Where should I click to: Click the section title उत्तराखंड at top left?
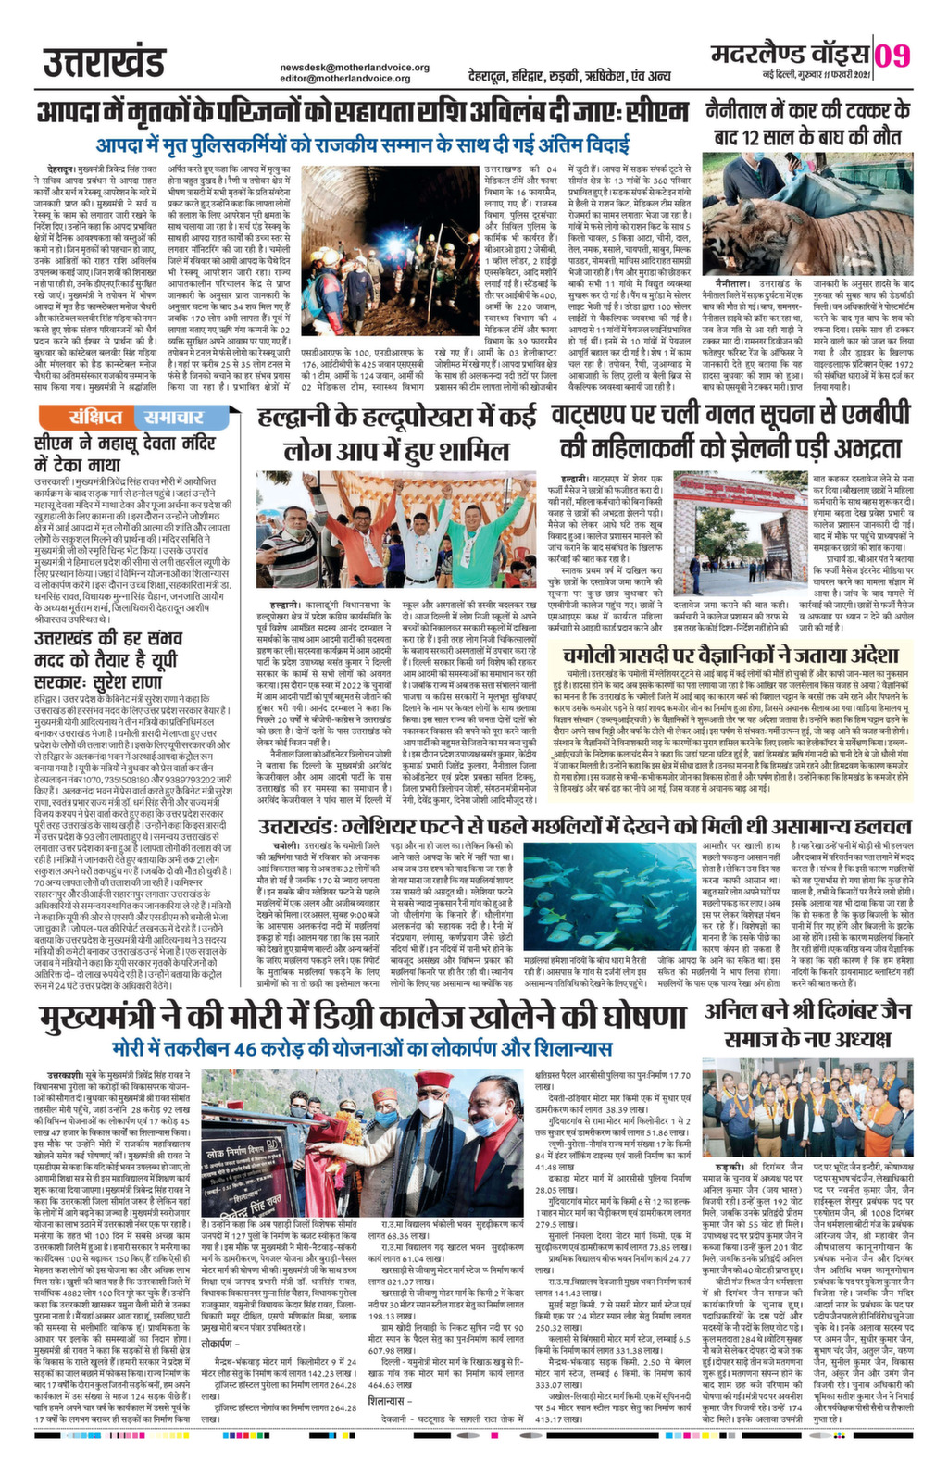pos(103,64)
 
